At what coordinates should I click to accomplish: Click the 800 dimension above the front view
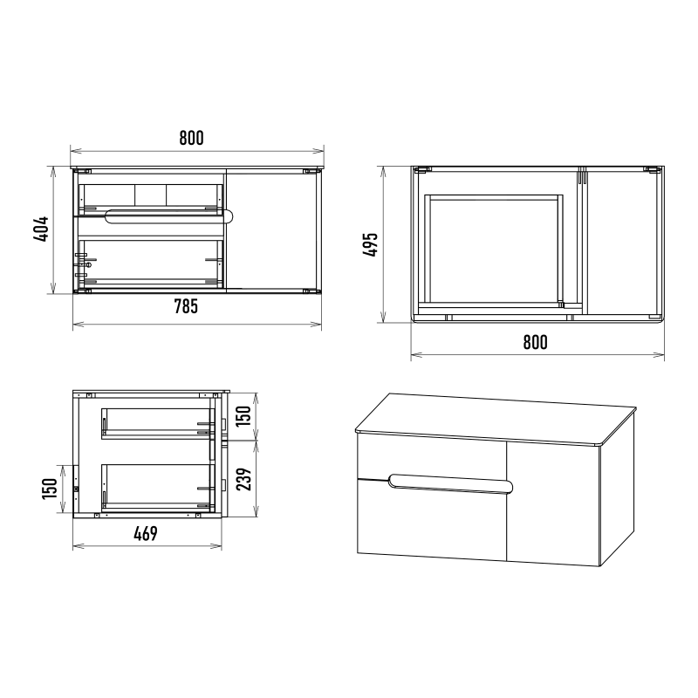(191, 138)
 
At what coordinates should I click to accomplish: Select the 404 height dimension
(41, 229)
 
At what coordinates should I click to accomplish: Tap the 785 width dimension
(186, 306)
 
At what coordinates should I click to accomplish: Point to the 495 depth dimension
(370, 244)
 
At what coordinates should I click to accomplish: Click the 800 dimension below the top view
(535, 342)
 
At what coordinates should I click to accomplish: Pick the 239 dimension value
(243, 479)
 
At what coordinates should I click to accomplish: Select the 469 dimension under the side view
(146, 533)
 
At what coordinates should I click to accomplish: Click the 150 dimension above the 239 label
(243, 416)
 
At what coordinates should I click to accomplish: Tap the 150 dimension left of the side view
(50, 488)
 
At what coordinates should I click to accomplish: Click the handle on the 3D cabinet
(450, 484)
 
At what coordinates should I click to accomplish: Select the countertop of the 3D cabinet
(496, 419)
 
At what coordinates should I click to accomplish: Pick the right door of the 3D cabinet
(553, 503)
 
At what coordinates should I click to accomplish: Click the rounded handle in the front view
(169, 216)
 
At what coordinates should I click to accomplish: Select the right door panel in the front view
(272, 229)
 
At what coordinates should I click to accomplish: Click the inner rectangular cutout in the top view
(494, 250)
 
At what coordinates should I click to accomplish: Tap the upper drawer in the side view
(158, 423)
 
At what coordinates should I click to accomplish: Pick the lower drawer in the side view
(158, 487)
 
